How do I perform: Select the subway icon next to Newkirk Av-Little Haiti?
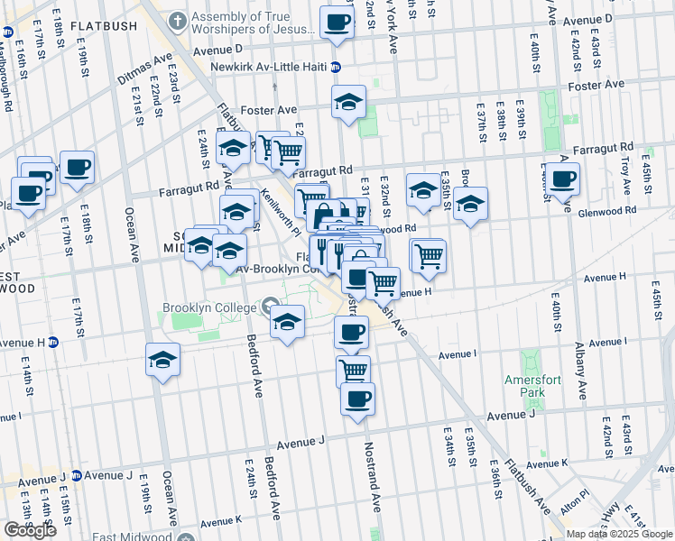pos(336,67)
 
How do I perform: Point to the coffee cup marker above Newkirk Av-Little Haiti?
pos(337,22)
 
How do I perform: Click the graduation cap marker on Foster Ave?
pos(348,103)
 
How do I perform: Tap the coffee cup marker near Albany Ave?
pos(562,179)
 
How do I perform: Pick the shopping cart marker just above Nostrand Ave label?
pos(354,370)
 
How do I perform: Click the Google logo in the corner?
pos(30,529)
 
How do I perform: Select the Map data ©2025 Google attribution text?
pos(620,534)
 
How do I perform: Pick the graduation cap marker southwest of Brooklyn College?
pos(162,360)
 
